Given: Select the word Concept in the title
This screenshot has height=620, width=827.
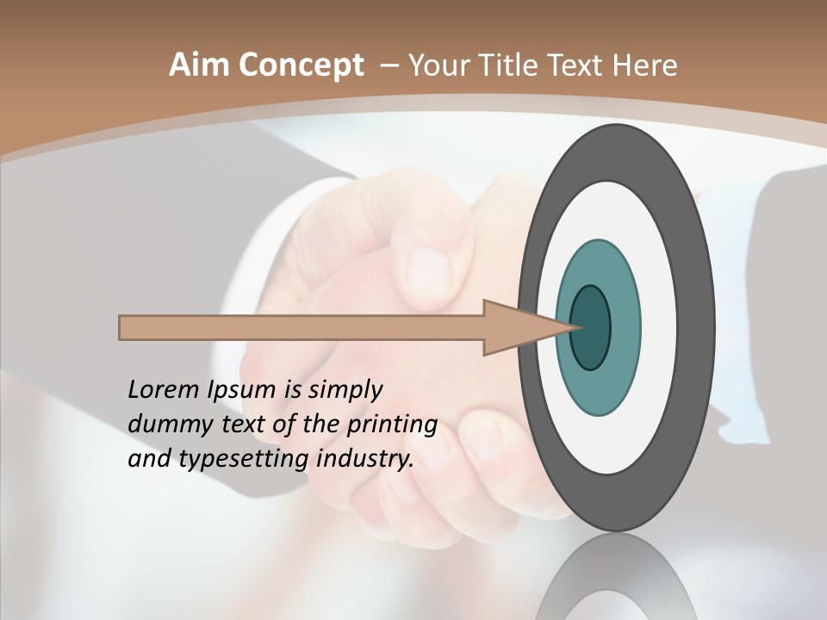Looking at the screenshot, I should point(302,65).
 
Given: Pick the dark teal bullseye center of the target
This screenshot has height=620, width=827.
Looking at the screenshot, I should point(590,328).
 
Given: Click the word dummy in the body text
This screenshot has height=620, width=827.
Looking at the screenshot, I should point(165,425).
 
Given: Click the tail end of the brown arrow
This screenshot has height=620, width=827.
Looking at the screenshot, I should point(122,327).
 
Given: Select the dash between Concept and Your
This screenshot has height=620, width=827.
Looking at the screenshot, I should point(389,66).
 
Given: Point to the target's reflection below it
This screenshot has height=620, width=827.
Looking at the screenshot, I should point(616,577).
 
